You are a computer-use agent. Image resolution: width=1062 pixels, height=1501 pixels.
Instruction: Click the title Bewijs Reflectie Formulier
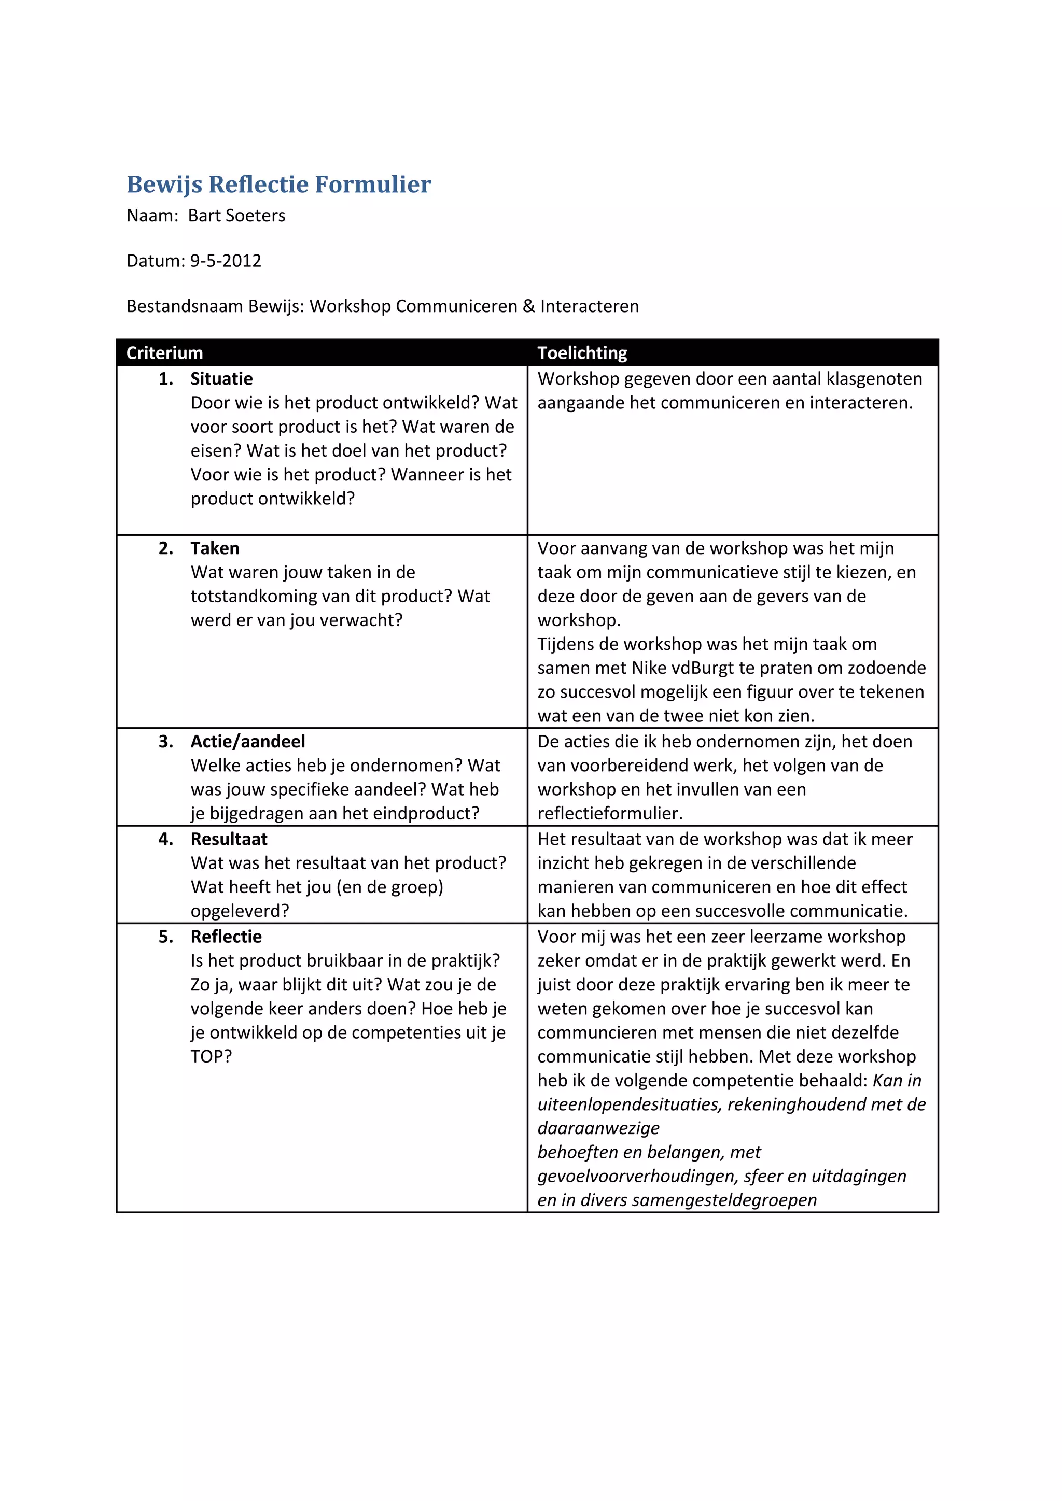278,185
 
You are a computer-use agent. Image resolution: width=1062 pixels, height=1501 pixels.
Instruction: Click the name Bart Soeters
237,216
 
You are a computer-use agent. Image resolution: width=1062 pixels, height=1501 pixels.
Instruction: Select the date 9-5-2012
226,261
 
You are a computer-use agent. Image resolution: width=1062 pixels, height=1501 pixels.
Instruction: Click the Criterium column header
165,353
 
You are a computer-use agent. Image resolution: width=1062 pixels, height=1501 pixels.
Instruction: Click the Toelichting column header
582,353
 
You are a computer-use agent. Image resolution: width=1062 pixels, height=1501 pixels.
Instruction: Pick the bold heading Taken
215,548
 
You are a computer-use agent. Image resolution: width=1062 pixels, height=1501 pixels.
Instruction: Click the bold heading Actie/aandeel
248,741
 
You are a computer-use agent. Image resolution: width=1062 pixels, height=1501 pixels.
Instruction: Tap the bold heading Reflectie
226,936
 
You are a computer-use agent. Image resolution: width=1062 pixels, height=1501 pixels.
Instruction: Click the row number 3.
165,741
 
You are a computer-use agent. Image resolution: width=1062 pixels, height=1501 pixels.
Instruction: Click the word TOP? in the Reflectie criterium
211,1056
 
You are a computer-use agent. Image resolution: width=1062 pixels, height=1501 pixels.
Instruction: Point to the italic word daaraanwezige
598,1128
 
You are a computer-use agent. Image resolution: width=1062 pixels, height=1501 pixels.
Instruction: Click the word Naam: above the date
152,216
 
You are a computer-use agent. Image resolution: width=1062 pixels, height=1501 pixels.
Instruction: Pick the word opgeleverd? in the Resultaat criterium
240,911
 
